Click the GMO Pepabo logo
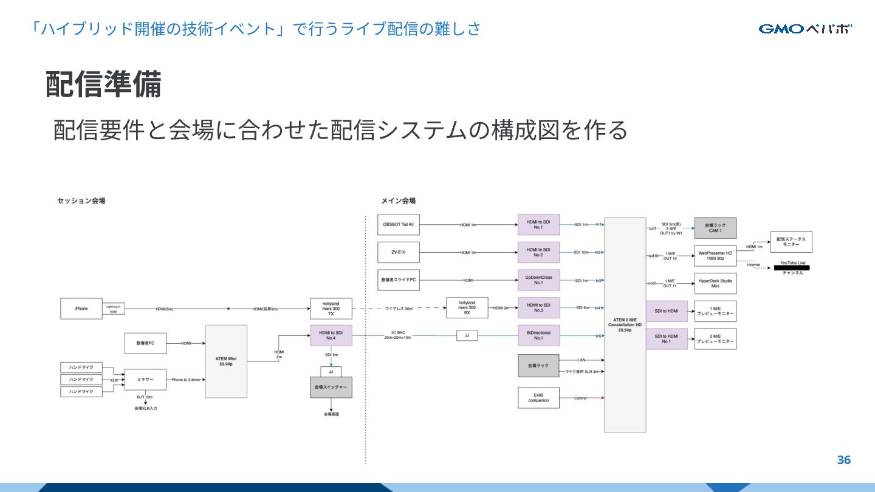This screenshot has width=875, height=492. pos(805,29)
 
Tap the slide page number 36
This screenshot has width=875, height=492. pos(843,460)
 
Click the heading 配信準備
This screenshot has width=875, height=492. pos(103,84)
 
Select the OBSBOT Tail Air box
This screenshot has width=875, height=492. pos(398,224)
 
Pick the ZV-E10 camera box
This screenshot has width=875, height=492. pos(398,252)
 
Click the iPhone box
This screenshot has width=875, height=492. pos(81,309)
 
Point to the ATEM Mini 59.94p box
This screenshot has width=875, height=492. pos(226,361)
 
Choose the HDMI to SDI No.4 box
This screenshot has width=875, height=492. pos(331,335)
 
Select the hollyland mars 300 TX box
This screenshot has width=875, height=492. pos(331,309)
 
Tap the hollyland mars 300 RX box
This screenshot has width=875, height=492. pos(467,309)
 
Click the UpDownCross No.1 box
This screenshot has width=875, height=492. pos(538,280)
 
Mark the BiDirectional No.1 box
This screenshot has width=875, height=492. pos(538,335)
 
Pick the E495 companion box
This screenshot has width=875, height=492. pos(538,398)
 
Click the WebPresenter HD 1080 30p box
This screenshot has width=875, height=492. pos(715,256)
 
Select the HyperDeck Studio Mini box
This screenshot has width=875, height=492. pos(715,283)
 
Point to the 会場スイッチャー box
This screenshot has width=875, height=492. pos(331,387)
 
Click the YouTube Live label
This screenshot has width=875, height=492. pos(792,264)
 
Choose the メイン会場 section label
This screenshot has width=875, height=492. pos(398,200)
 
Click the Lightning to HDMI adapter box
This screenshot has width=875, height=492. pos(114,309)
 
